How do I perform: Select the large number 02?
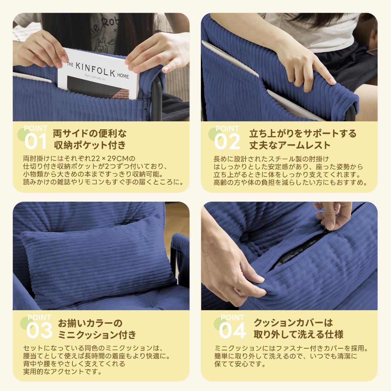click(x=227, y=142)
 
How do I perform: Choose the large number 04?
click(x=232, y=331)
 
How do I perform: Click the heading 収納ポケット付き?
click(x=89, y=145)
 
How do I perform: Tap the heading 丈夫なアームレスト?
click(x=290, y=145)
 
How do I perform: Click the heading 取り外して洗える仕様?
click(x=298, y=334)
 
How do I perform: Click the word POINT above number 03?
click(x=39, y=318)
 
